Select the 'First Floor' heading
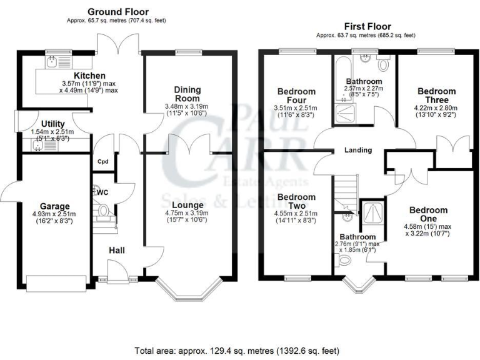pos(367,26)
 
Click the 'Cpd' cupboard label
pos(102,161)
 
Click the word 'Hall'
pos(117,250)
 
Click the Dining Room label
pos(187,94)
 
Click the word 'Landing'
pos(358,150)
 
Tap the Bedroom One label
pos(429,215)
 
